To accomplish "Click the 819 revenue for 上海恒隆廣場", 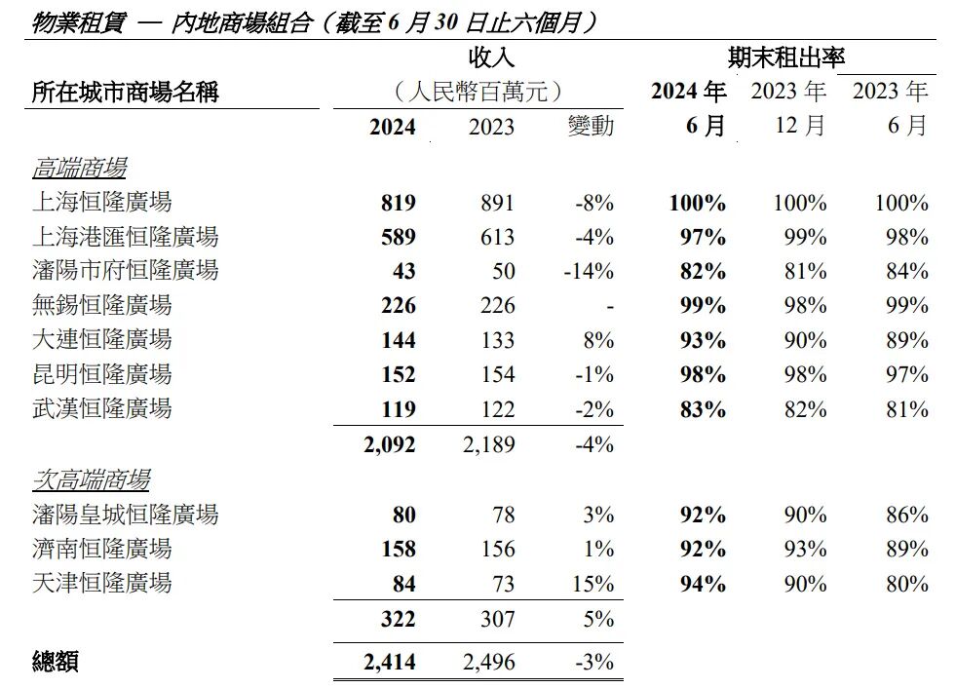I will point(399,203).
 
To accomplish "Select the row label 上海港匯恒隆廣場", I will point(125,237).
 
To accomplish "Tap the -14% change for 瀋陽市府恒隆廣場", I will point(589,272).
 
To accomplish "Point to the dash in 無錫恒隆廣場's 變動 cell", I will point(609,306).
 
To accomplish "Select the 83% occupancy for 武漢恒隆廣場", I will point(703,409).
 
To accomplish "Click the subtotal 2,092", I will point(389,444).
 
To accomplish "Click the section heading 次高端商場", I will point(91,480).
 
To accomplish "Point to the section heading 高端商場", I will point(79,169).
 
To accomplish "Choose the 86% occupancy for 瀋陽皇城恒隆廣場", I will point(907,515).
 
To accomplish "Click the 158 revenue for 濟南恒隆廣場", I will point(399,549).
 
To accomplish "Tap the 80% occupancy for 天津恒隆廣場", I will point(907,584).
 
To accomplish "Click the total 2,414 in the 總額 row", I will point(389,663).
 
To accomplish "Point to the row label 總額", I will point(55,663).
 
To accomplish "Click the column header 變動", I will point(592,127).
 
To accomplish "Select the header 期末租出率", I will point(786,57).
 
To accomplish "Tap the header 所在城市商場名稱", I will point(126,93).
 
